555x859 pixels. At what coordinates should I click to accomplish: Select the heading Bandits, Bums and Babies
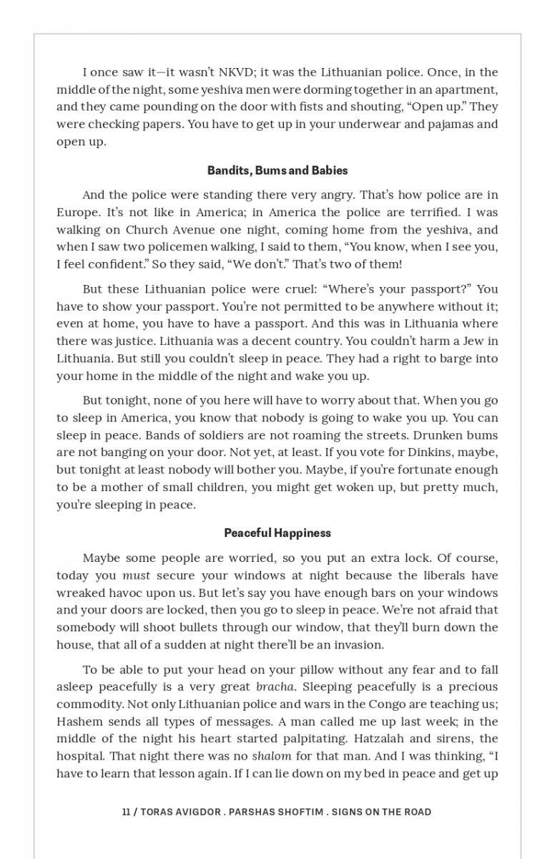pos(277,170)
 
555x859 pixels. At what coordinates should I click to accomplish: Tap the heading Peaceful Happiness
pos(277,533)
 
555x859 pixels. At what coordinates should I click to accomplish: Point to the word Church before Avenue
pos(147,230)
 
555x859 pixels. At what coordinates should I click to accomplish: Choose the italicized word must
pos(136,576)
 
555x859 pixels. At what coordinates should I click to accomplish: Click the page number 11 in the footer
pos(126,812)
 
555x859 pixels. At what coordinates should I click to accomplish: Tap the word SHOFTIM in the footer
pos(295,812)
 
